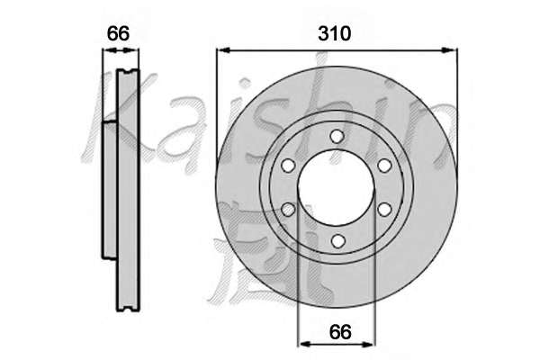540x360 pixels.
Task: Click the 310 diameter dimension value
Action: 335,34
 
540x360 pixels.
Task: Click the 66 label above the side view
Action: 118,33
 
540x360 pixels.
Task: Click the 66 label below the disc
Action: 340,332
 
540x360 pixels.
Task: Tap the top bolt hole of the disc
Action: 337,136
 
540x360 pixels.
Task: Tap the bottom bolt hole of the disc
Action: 337,240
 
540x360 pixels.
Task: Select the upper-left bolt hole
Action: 288,166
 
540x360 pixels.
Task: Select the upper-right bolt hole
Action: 384,166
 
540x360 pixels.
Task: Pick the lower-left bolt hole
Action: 289,210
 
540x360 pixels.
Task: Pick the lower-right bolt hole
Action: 384,210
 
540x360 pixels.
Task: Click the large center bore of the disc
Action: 336,188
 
